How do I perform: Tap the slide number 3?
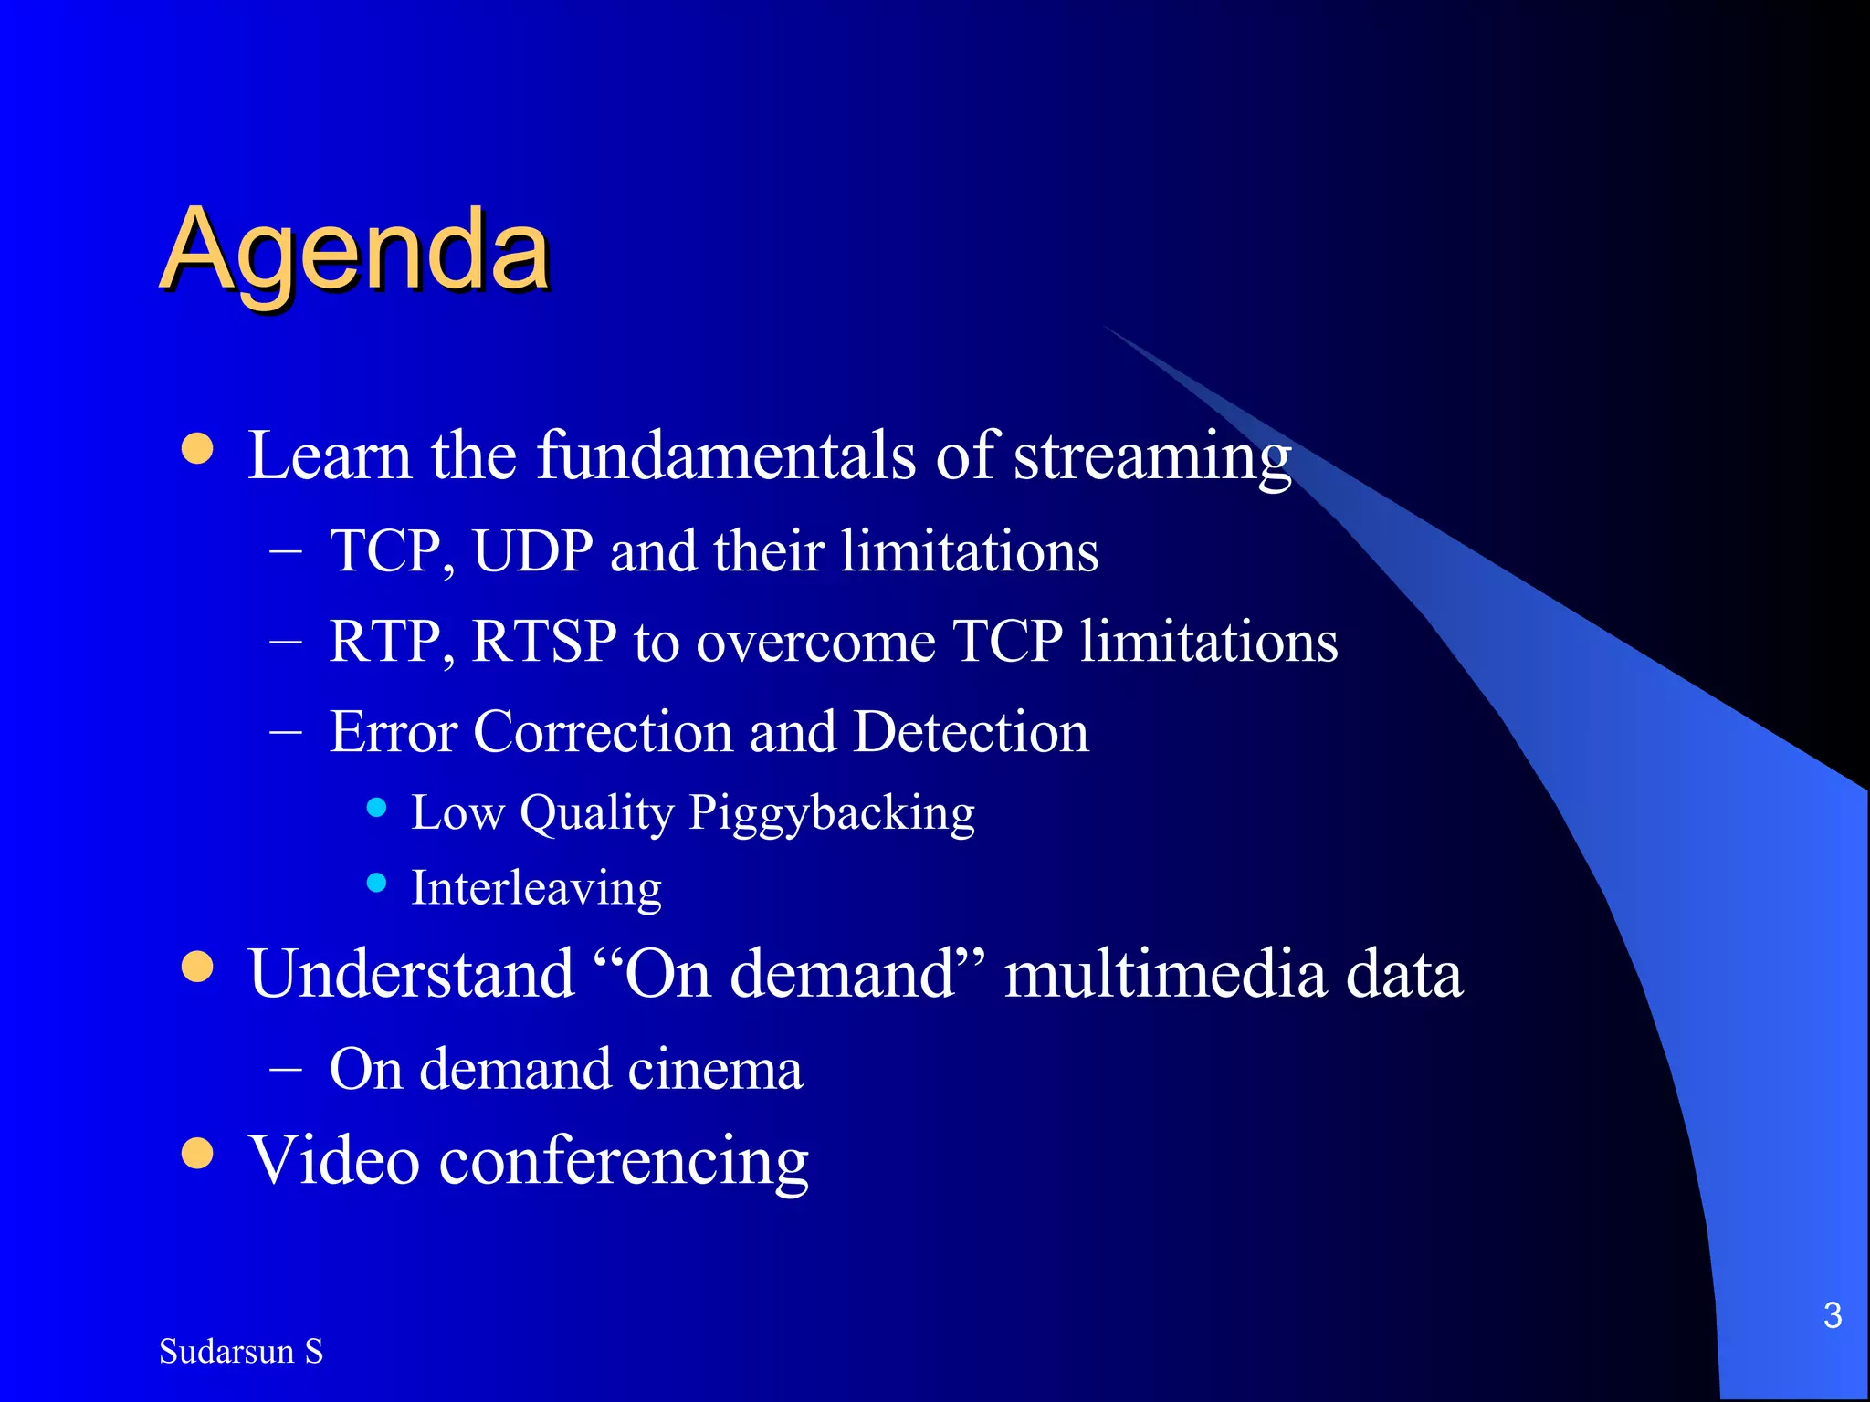(x=1832, y=1316)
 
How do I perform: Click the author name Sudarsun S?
(x=241, y=1351)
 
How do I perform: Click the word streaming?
(x=1152, y=456)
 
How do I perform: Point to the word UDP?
(x=533, y=551)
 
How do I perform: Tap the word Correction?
(x=602, y=732)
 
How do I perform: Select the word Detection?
(x=971, y=732)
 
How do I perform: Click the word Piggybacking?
(x=831, y=813)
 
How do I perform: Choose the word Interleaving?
(x=536, y=888)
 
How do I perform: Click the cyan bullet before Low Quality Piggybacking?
(x=376, y=807)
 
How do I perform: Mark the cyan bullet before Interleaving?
(x=376, y=882)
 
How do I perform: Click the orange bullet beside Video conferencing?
(x=197, y=1153)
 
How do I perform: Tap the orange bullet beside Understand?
(x=197, y=967)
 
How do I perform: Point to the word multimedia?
(x=1165, y=974)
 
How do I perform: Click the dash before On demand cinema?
(x=286, y=1068)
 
